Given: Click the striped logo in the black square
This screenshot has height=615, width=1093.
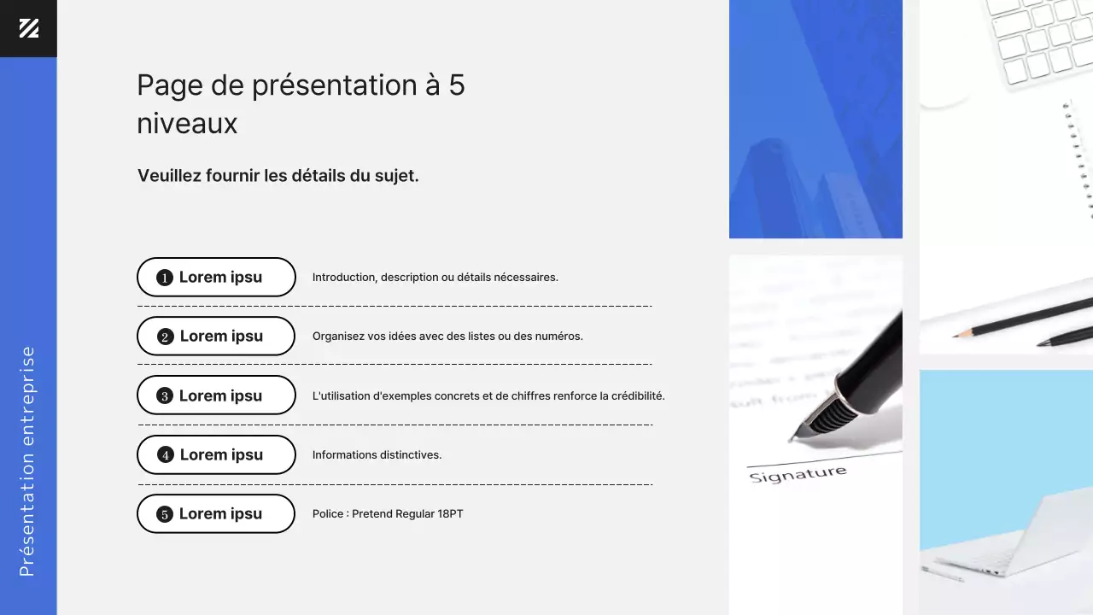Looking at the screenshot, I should point(28,28).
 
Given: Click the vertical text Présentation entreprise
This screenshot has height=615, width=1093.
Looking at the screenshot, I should point(27,461).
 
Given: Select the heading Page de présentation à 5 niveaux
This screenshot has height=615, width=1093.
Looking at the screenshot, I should point(301,104).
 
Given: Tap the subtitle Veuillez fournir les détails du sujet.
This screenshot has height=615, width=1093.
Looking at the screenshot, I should point(278,176).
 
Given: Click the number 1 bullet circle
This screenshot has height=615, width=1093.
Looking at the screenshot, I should point(165,278).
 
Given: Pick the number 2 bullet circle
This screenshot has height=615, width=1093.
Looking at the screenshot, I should point(166,337).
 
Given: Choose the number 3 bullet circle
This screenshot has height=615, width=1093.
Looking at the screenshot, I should point(165,395).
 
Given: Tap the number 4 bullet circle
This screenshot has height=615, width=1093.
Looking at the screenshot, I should point(166,455).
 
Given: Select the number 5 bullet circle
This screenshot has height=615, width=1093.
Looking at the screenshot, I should point(165,514).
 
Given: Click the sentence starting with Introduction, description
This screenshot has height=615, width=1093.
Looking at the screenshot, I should point(435,278).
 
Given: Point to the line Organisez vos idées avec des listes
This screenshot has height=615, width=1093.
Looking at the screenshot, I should point(447,337).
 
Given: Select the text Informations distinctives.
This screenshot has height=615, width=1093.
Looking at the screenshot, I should point(377,455).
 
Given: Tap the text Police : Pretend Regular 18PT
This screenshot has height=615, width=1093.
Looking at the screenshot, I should point(388,514).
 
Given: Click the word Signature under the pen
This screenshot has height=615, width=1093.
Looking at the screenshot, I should point(798,474).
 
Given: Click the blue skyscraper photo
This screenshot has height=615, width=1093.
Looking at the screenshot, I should point(815,119).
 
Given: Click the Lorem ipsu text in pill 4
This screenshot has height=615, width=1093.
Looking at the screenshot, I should point(221,455).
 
